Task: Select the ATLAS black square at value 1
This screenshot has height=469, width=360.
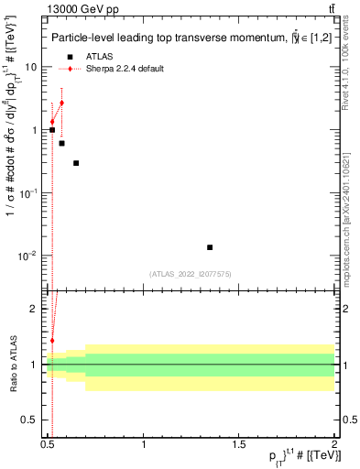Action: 52,130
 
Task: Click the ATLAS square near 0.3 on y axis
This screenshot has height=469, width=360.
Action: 76,163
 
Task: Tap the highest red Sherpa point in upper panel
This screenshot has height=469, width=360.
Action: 61,103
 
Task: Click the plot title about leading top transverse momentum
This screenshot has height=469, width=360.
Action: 183,38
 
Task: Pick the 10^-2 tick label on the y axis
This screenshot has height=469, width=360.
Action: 27,256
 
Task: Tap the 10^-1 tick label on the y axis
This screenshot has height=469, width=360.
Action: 27,193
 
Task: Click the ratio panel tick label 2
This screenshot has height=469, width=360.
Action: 34,309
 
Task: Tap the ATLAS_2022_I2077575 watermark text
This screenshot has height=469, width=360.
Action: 191,274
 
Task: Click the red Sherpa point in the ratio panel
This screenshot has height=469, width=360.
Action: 52,341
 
